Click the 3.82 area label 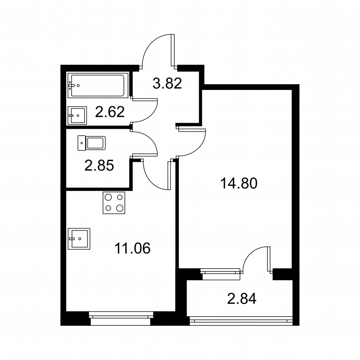pos(167,84)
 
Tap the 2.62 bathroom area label pos(110,112)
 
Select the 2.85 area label pos(99,166)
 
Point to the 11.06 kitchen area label pos(132,248)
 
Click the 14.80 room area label pos(239,184)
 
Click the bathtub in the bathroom pos(97,85)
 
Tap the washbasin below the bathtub pos(77,116)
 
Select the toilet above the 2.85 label pos(91,143)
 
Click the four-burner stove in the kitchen pos(114,203)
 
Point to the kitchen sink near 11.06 pos(79,239)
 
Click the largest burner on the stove pos(120,208)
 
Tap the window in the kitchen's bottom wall pos(121,318)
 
